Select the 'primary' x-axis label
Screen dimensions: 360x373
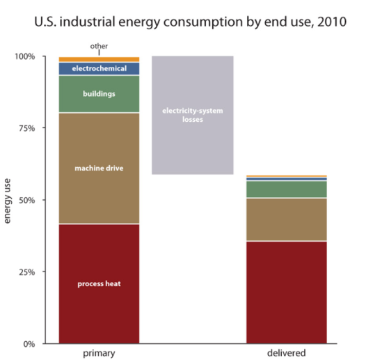point(98,354)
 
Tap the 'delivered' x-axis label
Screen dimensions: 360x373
point(287,354)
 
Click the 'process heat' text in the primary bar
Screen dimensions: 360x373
point(99,284)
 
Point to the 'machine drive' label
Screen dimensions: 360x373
point(99,168)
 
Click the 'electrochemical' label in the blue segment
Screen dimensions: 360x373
point(99,69)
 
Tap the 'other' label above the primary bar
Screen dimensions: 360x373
point(99,47)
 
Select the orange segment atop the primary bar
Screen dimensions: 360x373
point(99,59)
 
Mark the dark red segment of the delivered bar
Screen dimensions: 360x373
point(287,292)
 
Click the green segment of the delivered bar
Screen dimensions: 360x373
point(287,189)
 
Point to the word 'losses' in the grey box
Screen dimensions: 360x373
point(192,120)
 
